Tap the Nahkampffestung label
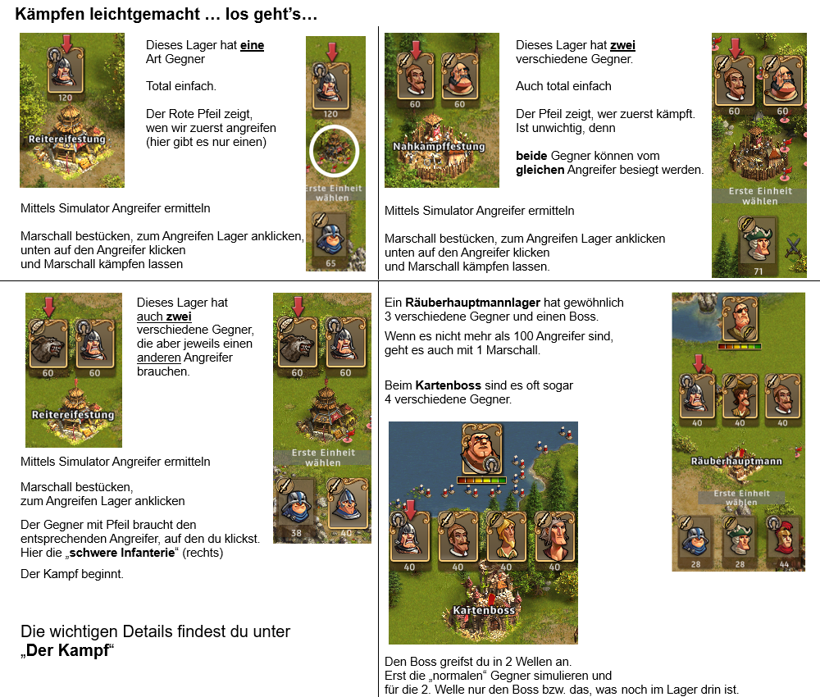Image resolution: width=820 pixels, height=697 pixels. (x=439, y=147)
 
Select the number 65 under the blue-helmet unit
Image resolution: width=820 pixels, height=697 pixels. (x=330, y=263)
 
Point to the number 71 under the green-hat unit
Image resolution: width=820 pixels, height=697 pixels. (x=758, y=271)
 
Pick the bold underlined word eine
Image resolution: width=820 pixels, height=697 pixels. (x=252, y=45)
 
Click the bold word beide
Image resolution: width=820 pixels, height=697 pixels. (x=531, y=156)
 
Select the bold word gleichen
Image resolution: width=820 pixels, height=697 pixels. (x=540, y=170)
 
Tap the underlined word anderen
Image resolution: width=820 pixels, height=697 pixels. (x=159, y=358)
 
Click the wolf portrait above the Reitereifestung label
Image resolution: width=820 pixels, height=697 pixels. (x=48, y=345)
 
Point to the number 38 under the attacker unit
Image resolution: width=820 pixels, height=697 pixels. (x=296, y=533)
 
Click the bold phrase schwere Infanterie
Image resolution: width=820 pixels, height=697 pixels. (x=122, y=553)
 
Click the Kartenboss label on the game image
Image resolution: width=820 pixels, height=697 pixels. (x=484, y=610)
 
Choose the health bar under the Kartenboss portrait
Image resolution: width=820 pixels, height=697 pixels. (x=481, y=480)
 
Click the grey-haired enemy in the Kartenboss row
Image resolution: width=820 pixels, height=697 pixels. (x=555, y=538)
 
